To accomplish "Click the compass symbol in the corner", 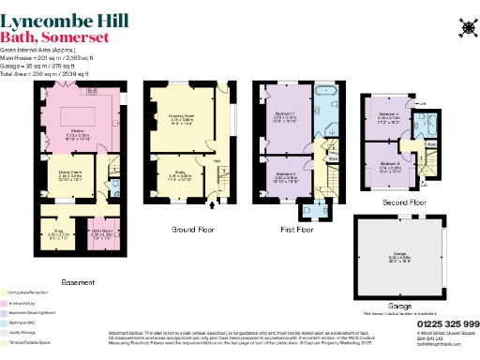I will click(465, 27).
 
